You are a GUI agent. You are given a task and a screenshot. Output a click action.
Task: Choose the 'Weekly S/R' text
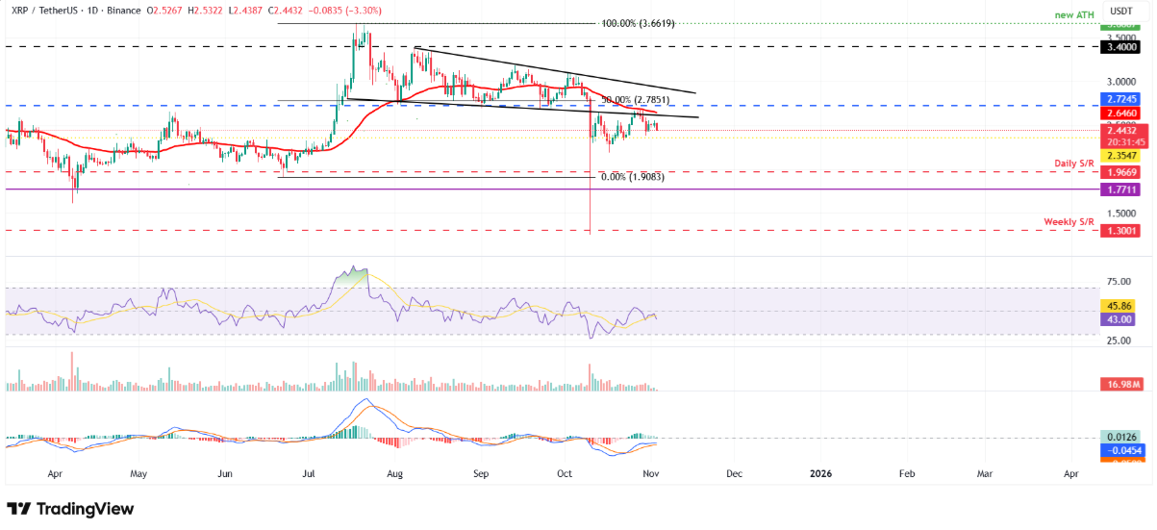(x=1069, y=222)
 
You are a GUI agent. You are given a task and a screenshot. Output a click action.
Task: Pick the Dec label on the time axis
(x=735, y=473)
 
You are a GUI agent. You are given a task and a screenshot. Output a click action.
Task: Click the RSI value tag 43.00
(x=1120, y=319)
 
